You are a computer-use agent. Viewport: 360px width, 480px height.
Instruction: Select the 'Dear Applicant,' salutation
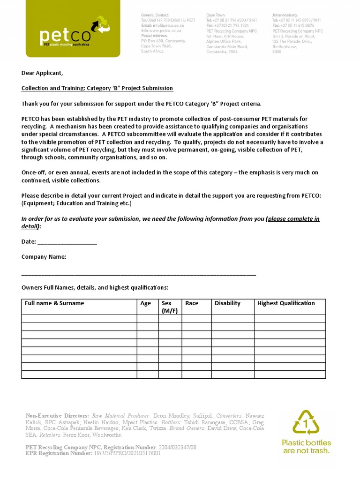[42, 73]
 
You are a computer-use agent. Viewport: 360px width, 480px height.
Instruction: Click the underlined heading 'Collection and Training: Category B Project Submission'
[97, 88]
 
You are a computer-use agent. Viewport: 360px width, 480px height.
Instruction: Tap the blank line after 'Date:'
[67, 242]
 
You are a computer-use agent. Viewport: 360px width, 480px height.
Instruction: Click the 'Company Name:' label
[44, 257]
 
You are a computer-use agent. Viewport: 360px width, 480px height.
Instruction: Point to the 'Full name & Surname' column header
[54, 303]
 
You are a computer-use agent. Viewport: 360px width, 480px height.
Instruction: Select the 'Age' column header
[146, 303]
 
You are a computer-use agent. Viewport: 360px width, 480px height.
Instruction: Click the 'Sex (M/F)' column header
[169, 307]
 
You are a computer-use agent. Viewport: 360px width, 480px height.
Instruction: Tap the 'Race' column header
[192, 303]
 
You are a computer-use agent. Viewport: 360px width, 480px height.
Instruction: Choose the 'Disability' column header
[227, 303]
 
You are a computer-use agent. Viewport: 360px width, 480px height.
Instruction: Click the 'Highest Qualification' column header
[286, 303]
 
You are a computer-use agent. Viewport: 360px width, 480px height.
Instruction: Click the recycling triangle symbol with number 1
[306, 422]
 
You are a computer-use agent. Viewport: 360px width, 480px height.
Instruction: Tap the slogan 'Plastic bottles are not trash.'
[306, 446]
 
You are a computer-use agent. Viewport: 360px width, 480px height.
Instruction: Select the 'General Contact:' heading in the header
[155, 15]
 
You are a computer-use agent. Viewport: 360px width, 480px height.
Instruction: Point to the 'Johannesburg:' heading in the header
[285, 15]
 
